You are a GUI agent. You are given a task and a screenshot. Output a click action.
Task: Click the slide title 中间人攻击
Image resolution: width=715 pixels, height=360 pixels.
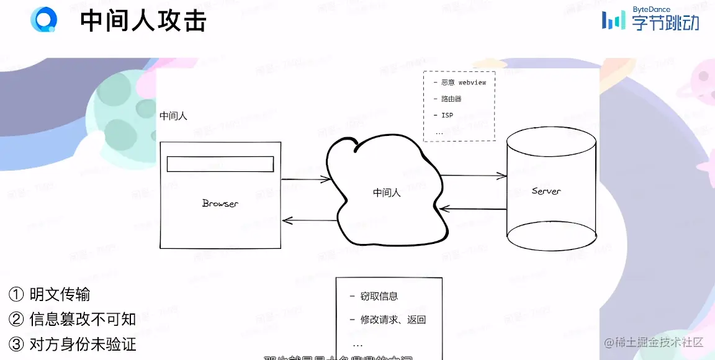click(x=143, y=21)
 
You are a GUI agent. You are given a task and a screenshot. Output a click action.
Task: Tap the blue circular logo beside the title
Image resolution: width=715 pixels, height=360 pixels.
click(x=43, y=20)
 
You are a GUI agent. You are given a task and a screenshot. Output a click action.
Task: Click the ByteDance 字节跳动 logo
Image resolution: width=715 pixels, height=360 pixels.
click(x=650, y=19)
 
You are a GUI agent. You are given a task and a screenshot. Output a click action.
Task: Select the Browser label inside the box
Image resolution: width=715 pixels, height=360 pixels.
click(x=220, y=204)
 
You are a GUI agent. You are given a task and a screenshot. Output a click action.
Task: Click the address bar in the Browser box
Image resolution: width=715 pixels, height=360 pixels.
click(x=220, y=164)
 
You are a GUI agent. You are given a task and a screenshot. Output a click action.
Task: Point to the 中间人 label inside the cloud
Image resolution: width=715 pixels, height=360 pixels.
click(x=387, y=192)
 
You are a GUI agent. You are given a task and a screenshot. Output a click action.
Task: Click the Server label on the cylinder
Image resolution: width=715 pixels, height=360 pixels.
click(x=546, y=191)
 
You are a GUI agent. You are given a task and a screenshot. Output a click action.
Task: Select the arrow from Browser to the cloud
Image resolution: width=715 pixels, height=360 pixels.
click(x=305, y=179)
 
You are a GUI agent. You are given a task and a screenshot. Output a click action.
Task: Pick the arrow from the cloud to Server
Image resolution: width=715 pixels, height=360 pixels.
click(x=473, y=176)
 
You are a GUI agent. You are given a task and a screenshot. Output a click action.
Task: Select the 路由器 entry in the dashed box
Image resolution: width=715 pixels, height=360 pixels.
click(x=451, y=99)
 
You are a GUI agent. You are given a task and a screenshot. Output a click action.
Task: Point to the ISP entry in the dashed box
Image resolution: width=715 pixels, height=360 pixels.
click(x=447, y=115)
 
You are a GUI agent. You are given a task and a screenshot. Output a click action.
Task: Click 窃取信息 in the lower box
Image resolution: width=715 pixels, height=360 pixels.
click(x=379, y=296)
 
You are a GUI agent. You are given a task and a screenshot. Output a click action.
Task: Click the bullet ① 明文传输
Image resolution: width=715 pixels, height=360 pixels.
click(x=50, y=294)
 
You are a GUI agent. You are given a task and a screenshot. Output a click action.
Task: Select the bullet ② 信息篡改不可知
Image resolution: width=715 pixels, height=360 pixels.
click(x=73, y=319)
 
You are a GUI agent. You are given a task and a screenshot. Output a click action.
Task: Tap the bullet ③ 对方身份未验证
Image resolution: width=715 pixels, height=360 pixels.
click(x=73, y=344)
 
